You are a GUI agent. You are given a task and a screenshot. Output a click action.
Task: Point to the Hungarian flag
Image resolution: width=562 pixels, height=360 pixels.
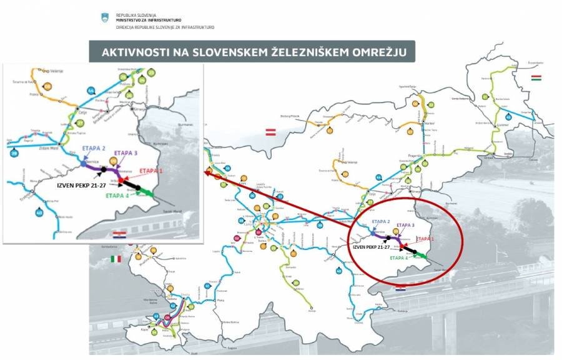coord(536,77)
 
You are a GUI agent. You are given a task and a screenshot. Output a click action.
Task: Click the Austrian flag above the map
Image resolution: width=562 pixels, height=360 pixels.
coord(271,132)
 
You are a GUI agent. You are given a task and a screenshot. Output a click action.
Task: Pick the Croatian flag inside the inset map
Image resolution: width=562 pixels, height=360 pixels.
coord(120,234)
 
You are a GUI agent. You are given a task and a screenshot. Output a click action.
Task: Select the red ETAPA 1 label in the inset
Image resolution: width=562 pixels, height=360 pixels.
coord(151,170)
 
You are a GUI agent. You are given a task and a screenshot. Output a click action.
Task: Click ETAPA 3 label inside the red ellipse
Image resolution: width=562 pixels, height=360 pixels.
coord(406,225)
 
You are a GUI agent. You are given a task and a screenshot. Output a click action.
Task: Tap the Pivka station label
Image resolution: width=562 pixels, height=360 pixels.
coord(220,300)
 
